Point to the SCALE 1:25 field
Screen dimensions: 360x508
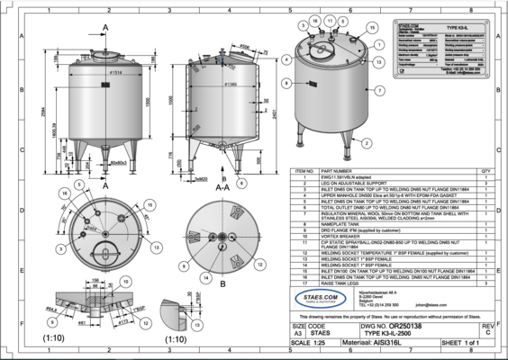[x=317, y=343]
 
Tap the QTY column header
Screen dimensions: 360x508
[x=485, y=169]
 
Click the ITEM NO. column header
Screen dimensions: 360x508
[x=297, y=169]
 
